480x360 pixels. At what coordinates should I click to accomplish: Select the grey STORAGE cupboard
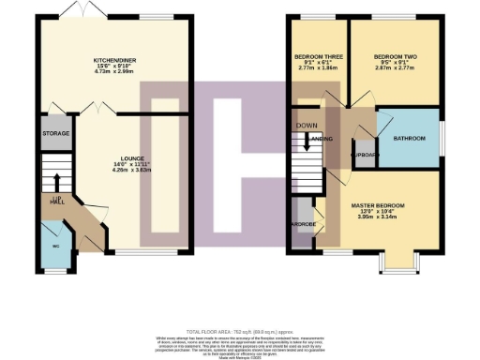[x=55, y=134]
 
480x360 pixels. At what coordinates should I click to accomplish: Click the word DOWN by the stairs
[x=306, y=124]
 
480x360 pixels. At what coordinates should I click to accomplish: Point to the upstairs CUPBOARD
[x=363, y=154]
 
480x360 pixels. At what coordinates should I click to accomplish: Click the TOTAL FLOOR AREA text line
[x=239, y=331]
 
